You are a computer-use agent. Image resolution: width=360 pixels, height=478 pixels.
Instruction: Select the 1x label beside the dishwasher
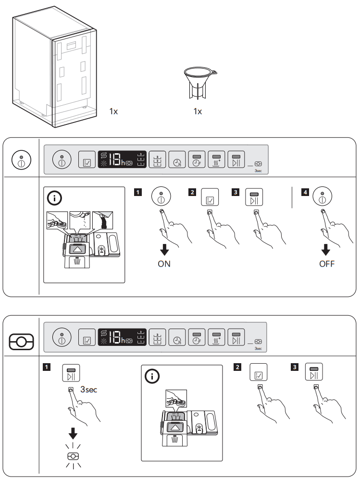pyautogui.click(x=113, y=111)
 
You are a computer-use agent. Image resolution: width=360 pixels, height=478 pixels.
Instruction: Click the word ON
pyautogui.click(x=164, y=264)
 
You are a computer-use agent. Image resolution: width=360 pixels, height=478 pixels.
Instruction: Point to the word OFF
pyautogui.click(x=326, y=264)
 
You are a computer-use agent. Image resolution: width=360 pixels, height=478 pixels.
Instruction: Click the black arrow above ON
pyautogui.click(x=164, y=250)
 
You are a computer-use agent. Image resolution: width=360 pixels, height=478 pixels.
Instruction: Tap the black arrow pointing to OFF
pyautogui.click(x=326, y=250)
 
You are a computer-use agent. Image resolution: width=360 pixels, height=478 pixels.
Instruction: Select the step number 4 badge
pyautogui.click(x=305, y=193)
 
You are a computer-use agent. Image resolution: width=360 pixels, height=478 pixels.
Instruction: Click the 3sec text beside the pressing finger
pyautogui.click(x=88, y=389)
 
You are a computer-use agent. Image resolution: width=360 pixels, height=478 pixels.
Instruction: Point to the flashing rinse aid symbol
pyautogui.click(x=73, y=455)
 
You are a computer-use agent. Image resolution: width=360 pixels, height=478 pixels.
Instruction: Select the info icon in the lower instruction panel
pyautogui.click(x=152, y=377)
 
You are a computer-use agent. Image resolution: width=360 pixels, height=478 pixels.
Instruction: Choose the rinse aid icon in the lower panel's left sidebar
pyautogui.click(x=21, y=340)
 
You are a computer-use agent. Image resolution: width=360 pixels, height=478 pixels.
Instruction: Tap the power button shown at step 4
pyautogui.click(x=323, y=196)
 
